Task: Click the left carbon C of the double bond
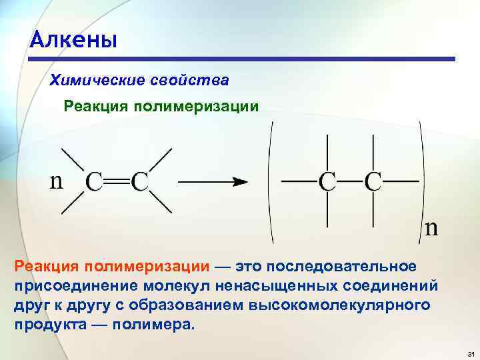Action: [x=95, y=181]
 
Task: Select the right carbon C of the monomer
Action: [x=139, y=181]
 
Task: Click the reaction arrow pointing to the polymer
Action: [x=213, y=181]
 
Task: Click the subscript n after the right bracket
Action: [x=432, y=229]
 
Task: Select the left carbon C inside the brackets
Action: [x=327, y=181]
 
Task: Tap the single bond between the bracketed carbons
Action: [x=349, y=181]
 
